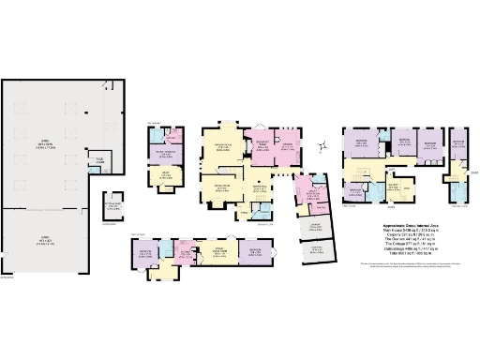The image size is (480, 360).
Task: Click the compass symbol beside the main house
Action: [x=322, y=144]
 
